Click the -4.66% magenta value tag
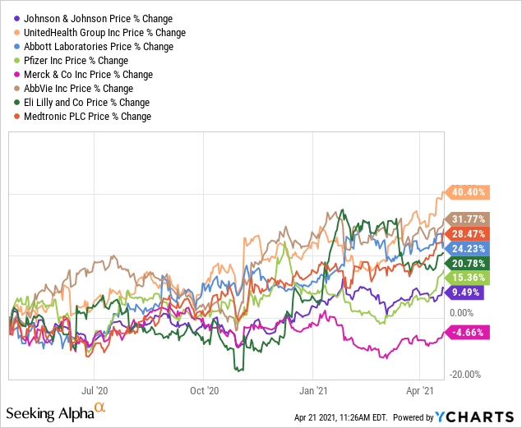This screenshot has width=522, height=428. [466, 332]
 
